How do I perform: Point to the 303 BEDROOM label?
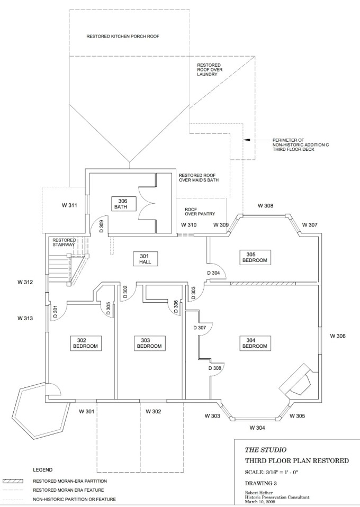[x=149, y=343]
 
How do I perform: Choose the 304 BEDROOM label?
[x=254, y=343]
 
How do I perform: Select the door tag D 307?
[x=200, y=328]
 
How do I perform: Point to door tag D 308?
[x=214, y=368]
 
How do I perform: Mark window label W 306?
[x=338, y=336]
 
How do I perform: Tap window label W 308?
[x=265, y=205]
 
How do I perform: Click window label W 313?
[x=25, y=318]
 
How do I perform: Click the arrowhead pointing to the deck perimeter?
[x=247, y=140]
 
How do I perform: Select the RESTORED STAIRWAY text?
[x=65, y=243]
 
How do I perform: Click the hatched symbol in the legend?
[x=14, y=481]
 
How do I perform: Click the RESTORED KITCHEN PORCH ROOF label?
[x=123, y=37]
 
